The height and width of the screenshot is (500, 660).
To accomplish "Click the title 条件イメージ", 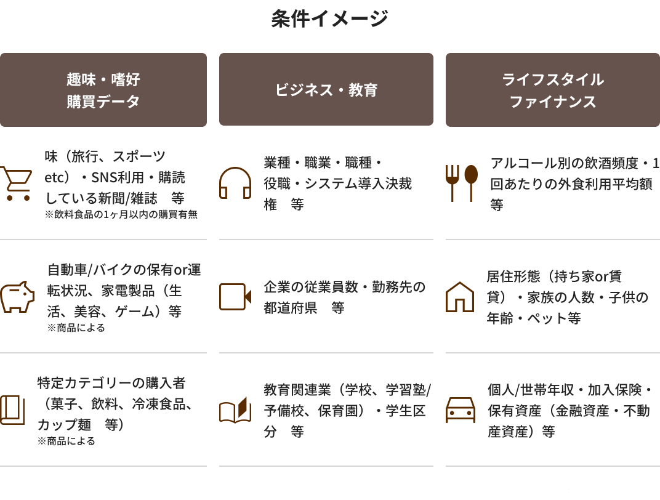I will (x=329, y=19).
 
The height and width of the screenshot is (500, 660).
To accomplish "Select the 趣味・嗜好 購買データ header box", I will (x=103, y=90).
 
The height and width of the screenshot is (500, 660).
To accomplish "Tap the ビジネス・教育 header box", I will (x=326, y=90).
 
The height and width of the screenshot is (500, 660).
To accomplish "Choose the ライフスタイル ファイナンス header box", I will (x=552, y=90).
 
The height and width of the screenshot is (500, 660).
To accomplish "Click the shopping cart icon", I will (x=15, y=183).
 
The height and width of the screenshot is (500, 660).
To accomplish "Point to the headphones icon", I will (x=235, y=183).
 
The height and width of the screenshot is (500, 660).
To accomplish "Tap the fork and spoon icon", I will (x=462, y=183).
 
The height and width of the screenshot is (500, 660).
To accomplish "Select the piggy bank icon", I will (x=17, y=297).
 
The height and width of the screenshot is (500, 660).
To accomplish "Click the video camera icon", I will (x=235, y=297).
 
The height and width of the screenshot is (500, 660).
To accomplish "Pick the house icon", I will (x=460, y=297).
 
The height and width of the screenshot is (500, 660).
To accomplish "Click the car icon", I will (x=461, y=410).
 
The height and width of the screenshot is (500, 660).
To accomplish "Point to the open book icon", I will (x=235, y=411).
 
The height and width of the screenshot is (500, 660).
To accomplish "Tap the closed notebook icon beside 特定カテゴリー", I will (x=12, y=410).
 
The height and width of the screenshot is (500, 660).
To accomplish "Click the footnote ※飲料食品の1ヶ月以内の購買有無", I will (x=121, y=215).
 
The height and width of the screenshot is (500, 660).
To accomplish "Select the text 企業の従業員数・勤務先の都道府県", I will (x=344, y=297).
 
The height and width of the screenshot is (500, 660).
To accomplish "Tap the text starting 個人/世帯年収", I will (x=569, y=411).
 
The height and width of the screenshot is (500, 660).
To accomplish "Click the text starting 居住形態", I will (x=567, y=297).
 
